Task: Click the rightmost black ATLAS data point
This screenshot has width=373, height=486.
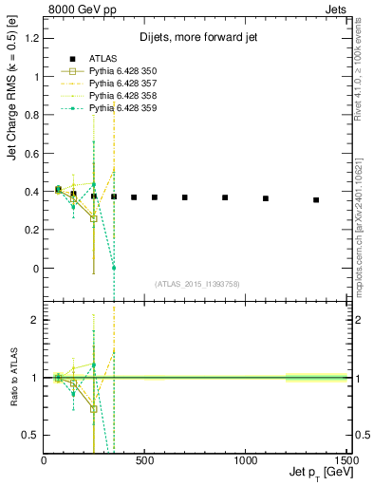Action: tap(316, 200)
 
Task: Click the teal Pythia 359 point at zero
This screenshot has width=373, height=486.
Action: tap(114, 268)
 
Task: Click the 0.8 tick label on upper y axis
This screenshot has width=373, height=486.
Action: tap(30, 114)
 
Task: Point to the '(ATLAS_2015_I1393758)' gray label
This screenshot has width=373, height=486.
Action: tap(196, 283)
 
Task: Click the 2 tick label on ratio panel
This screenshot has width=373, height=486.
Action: tap(34, 320)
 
